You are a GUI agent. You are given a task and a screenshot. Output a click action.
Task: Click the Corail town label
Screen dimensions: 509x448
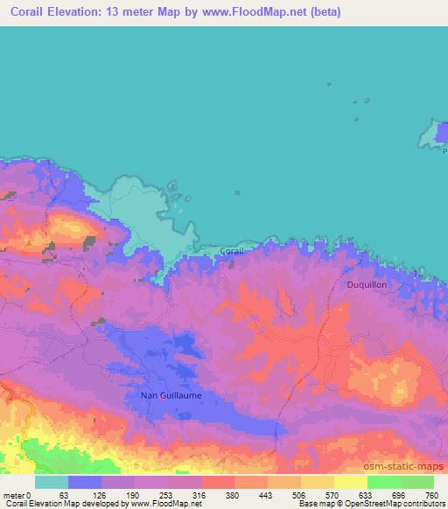tap(232, 251)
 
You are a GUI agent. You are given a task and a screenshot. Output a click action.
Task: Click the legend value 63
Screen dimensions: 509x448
tap(65, 495)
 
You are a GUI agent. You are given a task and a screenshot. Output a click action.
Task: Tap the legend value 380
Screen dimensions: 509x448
tap(234, 495)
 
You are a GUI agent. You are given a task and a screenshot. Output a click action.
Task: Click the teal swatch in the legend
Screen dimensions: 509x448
tap(51, 482)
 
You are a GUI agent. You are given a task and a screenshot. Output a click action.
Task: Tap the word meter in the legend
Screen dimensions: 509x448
tap(13, 495)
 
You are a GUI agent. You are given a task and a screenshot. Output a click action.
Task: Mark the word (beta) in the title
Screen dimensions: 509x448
tap(322, 12)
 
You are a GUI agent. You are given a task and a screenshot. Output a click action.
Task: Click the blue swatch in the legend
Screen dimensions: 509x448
tap(84, 482)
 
